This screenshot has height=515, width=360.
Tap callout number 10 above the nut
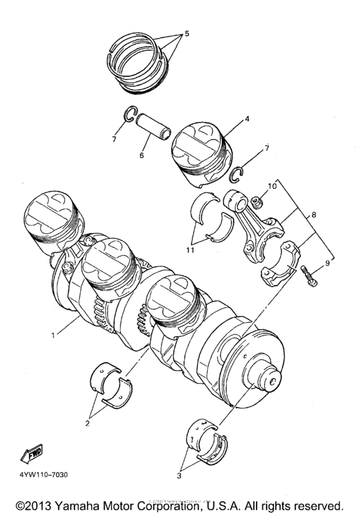pos(272,186)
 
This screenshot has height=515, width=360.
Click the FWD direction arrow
pos(32,456)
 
